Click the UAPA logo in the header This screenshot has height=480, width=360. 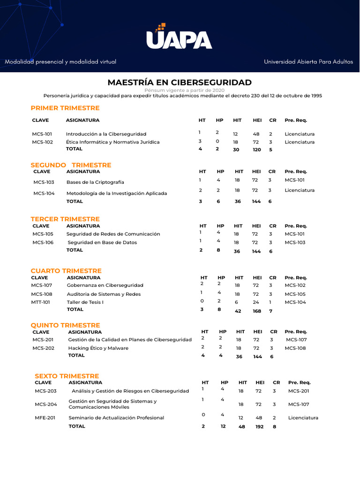(179, 37)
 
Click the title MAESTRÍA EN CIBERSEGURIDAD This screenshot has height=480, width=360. (180, 82)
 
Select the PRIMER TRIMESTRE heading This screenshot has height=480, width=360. (65, 108)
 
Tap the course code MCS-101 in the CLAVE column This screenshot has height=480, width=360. (42, 134)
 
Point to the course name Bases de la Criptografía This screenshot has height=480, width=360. (95, 182)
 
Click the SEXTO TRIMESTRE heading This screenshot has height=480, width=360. (67, 376)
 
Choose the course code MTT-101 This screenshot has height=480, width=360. (41, 302)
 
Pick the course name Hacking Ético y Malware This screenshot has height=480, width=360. (98, 348)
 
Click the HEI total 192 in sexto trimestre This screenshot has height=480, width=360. (259, 427)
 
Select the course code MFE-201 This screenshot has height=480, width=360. (45, 418)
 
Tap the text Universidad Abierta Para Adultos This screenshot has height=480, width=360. (308, 62)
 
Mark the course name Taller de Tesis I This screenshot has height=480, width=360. (85, 302)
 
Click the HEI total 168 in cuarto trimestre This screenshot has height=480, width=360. (257, 311)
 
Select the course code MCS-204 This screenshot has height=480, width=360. (45, 404)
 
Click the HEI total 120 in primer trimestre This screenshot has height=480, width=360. (256, 150)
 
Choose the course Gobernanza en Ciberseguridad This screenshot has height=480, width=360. (105, 285)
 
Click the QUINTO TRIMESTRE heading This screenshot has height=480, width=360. (66, 325)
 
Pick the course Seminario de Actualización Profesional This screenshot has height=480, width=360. (116, 418)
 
